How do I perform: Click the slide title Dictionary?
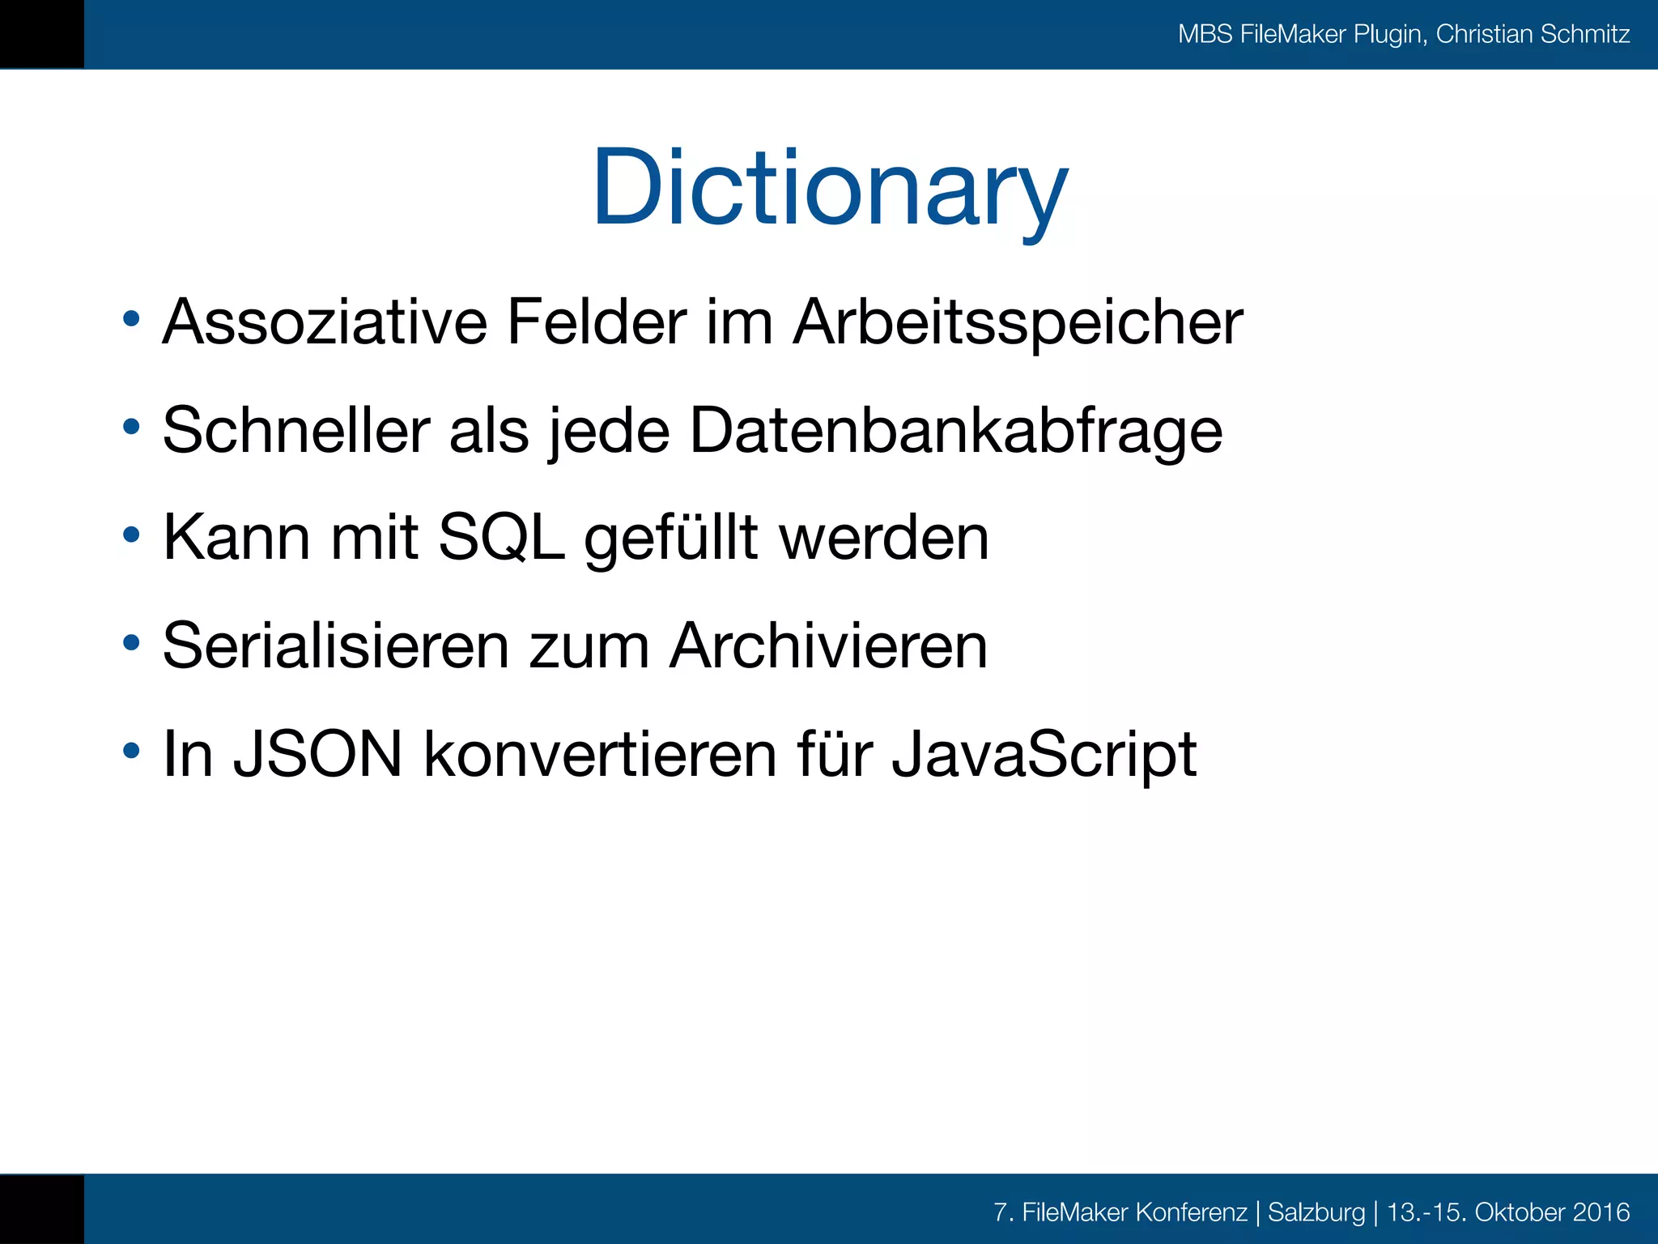click(x=830, y=188)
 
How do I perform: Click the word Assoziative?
click(x=325, y=322)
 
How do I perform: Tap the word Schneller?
click(x=296, y=430)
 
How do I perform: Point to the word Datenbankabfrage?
click(x=955, y=432)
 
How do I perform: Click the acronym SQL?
click(x=501, y=537)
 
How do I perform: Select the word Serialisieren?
click(x=335, y=645)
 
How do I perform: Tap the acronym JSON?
click(x=317, y=754)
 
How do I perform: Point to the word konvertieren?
click(x=600, y=754)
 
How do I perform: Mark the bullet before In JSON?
click(x=131, y=751)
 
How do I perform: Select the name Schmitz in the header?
click(x=1585, y=34)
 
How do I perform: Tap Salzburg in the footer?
click(x=1316, y=1212)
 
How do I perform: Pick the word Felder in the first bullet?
click(x=596, y=322)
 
